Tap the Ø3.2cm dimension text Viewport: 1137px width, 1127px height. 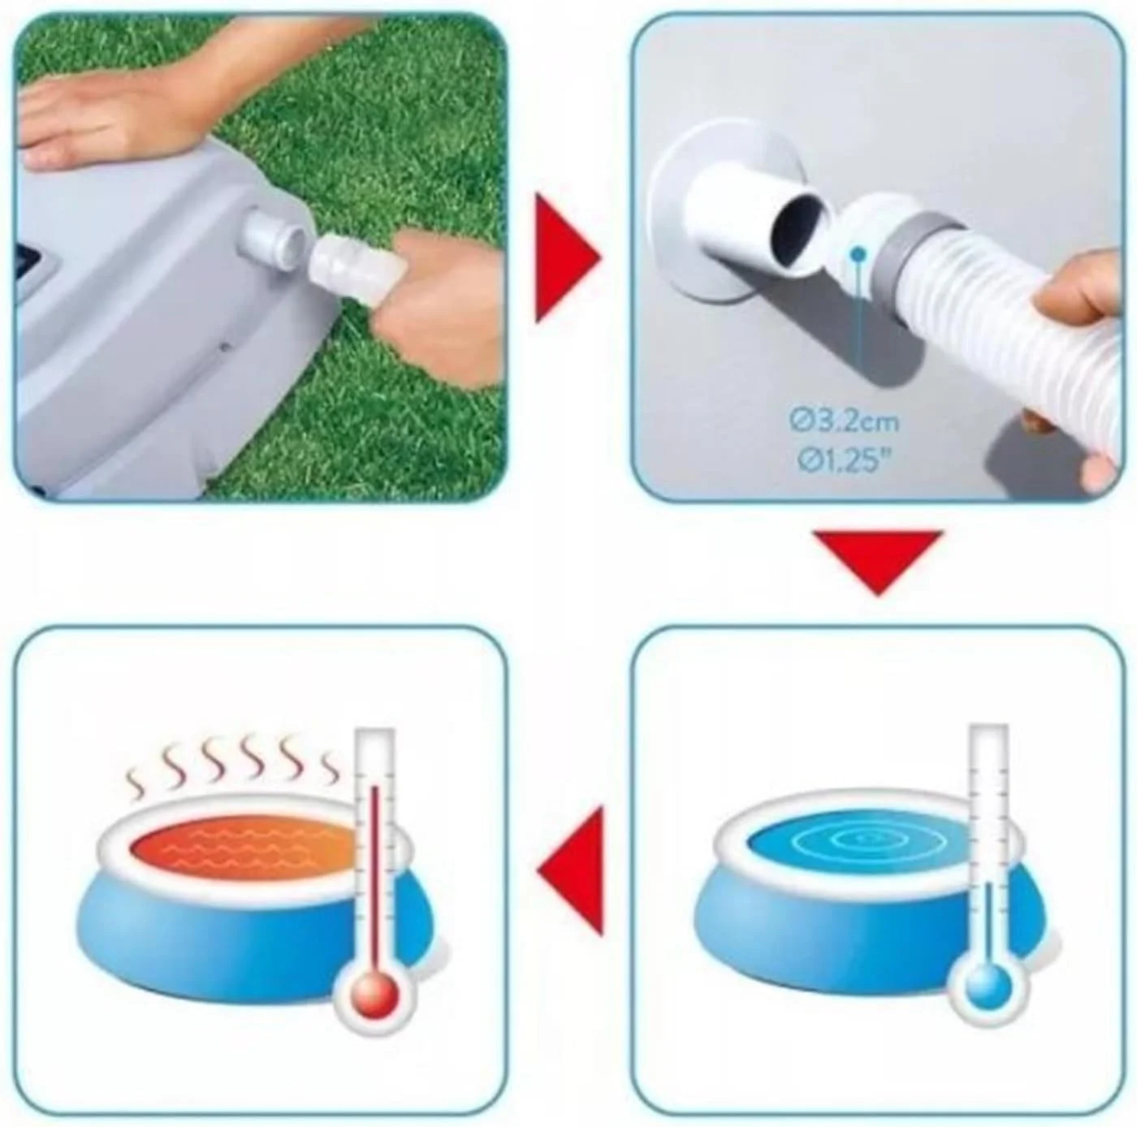(x=845, y=421)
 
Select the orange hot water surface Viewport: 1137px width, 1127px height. (x=244, y=848)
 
